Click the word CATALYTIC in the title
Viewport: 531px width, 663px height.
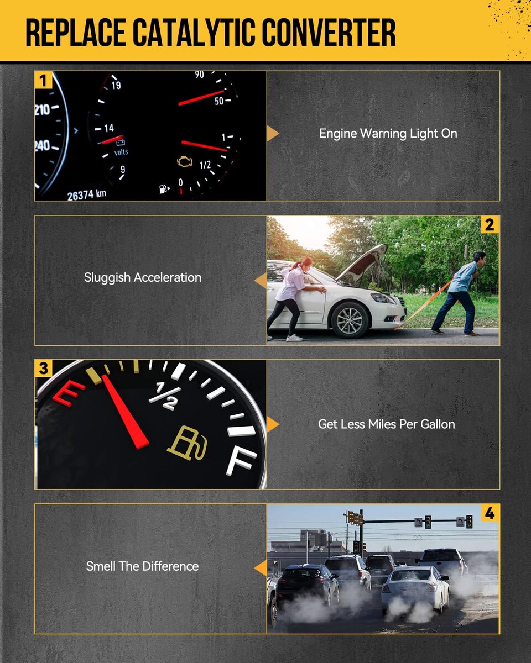click(196, 32)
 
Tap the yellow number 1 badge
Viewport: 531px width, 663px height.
click(43, 80)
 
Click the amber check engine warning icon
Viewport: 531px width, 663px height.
click(185, 162)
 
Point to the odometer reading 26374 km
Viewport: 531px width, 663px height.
click(87, 194)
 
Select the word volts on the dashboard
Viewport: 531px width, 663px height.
click(121, 152)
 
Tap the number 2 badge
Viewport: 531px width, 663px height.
click(490, 225)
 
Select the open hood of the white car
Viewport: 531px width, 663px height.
click(362, 263)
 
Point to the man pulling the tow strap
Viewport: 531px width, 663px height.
click(459, 293)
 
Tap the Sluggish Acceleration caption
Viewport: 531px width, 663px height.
click(143, 278)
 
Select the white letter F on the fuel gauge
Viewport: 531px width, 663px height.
click(241, 462)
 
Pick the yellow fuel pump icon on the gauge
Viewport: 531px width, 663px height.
click(188, 443)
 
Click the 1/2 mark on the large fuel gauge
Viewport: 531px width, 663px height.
click(165, 396)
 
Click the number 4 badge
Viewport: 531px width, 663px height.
click(490, 513)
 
